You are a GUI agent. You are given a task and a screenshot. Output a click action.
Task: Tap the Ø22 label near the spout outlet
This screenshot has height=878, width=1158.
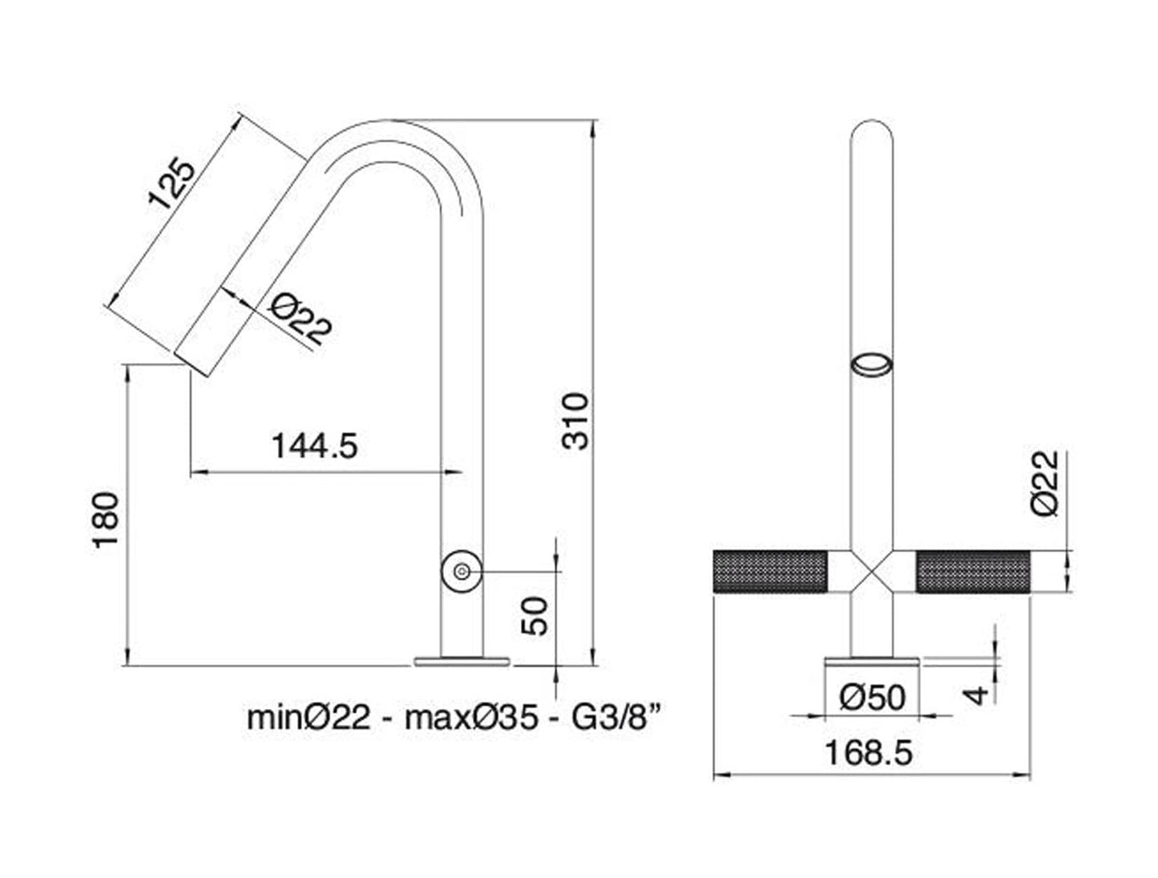299,319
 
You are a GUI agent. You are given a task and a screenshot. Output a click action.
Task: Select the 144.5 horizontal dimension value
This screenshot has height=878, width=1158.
314,445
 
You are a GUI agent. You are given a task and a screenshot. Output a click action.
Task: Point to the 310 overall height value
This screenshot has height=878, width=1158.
575,421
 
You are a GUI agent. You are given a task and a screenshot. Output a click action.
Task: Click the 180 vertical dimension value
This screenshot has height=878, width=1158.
107,521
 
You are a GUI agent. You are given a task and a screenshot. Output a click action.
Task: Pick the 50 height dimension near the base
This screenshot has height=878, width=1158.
536,615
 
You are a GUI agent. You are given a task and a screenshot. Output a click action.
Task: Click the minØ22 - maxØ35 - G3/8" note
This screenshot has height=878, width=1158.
453,717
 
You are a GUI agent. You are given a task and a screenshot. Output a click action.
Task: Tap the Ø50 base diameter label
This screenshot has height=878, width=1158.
872,697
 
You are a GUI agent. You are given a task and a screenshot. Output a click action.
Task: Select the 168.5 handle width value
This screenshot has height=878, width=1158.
869,753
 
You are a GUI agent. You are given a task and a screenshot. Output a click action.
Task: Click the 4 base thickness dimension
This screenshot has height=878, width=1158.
976,693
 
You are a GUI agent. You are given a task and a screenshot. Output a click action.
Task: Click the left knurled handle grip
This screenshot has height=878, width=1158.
769,572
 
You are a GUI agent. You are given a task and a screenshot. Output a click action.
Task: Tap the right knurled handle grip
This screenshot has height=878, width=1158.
973,572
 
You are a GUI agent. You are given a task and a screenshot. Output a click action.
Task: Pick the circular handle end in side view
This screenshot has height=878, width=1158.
462,571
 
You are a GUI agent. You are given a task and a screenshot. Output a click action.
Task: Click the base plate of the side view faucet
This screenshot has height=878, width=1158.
462,661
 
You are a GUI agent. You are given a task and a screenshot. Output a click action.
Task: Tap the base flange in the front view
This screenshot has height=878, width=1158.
871,661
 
